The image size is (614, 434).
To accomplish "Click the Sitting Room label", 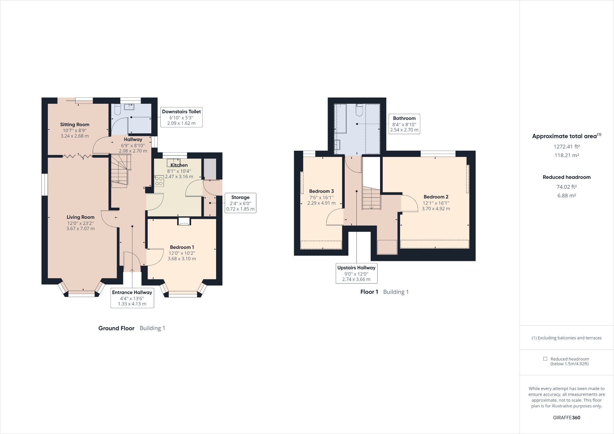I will (75, 125).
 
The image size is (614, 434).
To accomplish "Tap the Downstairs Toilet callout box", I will (181, 117).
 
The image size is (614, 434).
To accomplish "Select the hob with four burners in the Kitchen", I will (159, 181).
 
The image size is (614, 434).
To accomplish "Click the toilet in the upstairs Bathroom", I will (359, 110).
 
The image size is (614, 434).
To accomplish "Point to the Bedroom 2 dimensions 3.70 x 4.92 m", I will (436, 209).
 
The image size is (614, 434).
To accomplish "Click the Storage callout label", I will (240, 197).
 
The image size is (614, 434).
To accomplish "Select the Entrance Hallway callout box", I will (132, 298).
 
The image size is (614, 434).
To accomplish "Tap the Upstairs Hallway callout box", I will (356, 273).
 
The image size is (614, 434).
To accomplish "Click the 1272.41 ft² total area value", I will (566, 147).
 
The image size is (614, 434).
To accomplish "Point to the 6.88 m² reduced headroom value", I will (566, 196).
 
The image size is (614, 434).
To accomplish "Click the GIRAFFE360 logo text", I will (566, 417).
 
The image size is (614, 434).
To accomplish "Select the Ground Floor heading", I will (116, 328).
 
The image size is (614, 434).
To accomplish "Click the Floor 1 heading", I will (369, 292).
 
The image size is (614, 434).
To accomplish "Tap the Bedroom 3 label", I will (321, 191).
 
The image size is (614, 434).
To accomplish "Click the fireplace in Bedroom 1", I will (184, 222).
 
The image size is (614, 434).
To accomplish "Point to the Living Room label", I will (80, 217).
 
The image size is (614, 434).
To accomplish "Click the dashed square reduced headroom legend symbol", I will (545, 359).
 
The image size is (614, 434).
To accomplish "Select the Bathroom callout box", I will (404, 124).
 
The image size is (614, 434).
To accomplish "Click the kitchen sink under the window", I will (173, 162).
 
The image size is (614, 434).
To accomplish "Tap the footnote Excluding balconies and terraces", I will (566, 338).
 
